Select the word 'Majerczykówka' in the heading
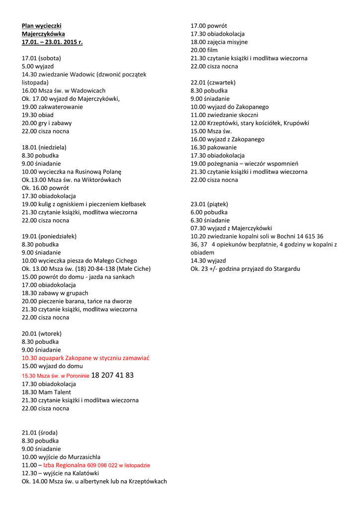(x=43, y=34)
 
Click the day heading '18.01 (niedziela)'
(x=44, y=147)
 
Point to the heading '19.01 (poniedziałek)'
(x=49, y=237)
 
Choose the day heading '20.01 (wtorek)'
(x=42, y=334)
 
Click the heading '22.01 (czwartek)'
(x=213, y=82)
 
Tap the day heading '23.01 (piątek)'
(x=210, y=204)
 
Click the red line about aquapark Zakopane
(x=85, y=358)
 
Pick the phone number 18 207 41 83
(x=112, y=376)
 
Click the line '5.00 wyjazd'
(x=38, y=66)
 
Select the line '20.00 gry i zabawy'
(x=47, y=123)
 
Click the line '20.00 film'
(x=204, y=50)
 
